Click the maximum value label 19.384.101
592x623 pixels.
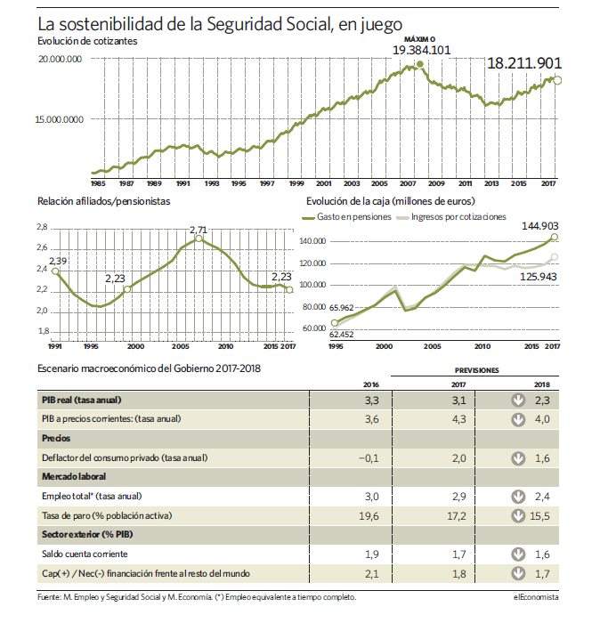[422, 50]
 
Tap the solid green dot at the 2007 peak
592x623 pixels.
[420, 64]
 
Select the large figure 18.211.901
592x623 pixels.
[524, 63]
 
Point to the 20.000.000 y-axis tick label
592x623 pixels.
[61, 59]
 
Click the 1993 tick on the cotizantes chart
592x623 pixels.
[212, 183]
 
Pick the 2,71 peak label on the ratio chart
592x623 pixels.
[199, 230]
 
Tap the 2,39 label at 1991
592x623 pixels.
[58, 261]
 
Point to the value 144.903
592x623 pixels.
[540, 226]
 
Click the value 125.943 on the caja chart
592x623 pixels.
[539, 277]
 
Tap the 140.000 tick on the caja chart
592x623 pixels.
[315, 241]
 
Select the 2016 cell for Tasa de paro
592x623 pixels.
[369, 516]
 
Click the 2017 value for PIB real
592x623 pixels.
[458, 400]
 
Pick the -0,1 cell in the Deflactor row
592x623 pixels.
[369, 458]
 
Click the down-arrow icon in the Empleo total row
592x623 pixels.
[518, 497]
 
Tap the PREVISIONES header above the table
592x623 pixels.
[477, 370]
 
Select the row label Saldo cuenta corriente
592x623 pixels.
[85, 554]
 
